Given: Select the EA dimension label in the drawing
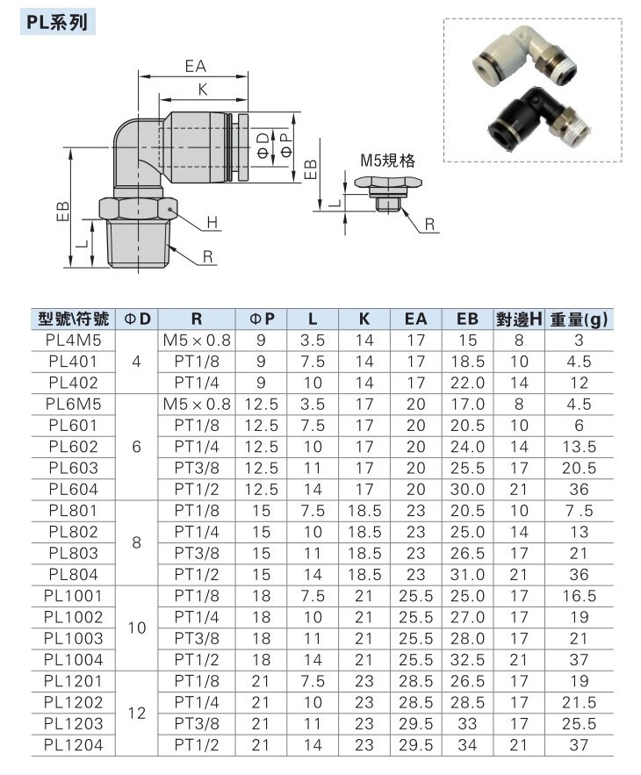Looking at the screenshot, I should (x=195, y=66).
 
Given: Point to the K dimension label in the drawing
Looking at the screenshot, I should (x=202, y=90).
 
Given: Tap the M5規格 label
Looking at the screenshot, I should (x=387, y=161).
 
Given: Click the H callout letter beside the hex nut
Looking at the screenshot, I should (x=212, y=224).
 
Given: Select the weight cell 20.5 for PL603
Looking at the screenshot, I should (x=580, y=468).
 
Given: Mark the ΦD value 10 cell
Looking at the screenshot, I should (x=135, y=628).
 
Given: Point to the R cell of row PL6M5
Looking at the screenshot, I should (x=198, y=404).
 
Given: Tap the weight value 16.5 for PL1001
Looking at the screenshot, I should (x=580, y=595).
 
